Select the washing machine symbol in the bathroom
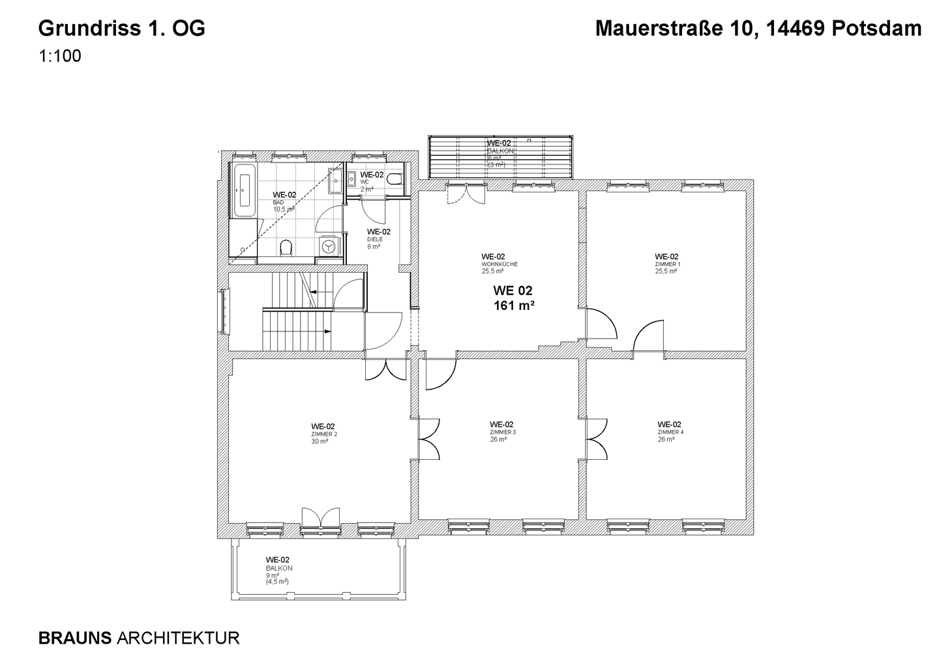click(x=329, y=246)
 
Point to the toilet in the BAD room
click(x=285, y=247)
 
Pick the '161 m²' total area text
click(x=514, y=305)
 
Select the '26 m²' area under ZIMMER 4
click(x=666, y=440)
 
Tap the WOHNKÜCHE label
click(x=499, y=264)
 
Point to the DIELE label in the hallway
click(x=375, y=239)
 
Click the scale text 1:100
click(x=60, y=57)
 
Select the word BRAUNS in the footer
click(x=75, y=637)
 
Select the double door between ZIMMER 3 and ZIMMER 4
click(x=596, y=439)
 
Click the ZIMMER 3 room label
click(x=502, y=432)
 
